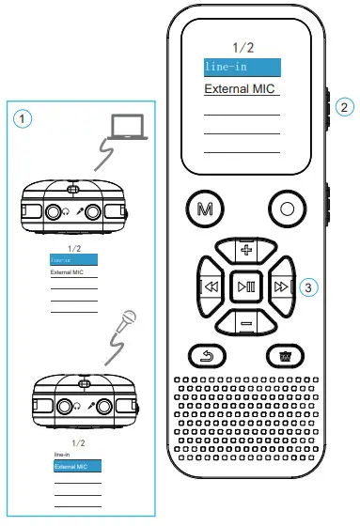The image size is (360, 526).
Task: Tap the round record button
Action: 287,209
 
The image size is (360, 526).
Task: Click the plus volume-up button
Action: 246,250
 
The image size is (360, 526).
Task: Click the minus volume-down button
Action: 246,323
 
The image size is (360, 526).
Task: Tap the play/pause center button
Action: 246,286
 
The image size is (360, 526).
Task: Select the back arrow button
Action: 207,356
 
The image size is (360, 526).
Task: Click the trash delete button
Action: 285,356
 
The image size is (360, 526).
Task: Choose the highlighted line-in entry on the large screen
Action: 243,68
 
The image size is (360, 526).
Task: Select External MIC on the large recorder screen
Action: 240,89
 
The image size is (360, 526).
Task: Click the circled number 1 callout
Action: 23,118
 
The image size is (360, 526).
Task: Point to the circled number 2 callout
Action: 344,107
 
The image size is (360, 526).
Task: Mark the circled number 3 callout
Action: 308,287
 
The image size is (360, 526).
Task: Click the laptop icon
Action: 128,127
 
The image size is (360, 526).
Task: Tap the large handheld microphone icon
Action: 128,317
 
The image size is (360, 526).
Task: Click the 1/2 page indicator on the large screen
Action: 243,47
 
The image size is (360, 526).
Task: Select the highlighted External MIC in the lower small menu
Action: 77,466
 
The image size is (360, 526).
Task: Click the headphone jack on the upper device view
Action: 53,211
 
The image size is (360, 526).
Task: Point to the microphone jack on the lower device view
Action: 103,406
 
